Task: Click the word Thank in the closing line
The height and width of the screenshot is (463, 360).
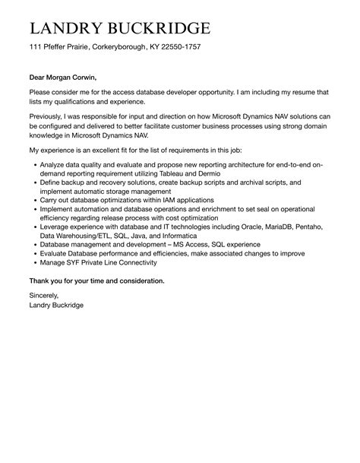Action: coord(40,281)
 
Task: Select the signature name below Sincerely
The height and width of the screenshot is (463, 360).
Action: coord(56,305)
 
